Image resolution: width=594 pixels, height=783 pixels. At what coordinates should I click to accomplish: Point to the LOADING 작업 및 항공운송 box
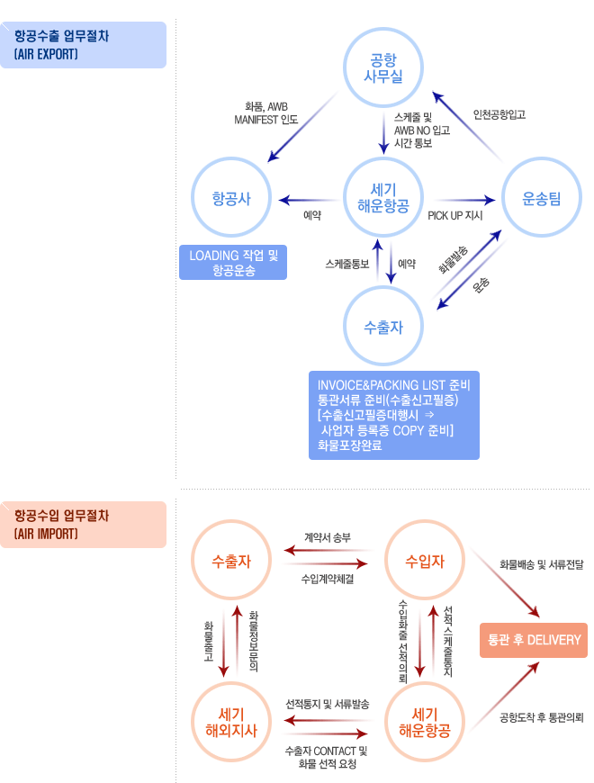(x=233, y=262)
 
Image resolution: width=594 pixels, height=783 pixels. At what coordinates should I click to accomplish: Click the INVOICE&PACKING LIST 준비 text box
(x=393, y=415)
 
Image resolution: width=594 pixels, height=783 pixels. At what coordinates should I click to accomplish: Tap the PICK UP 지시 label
(x=455, y=217)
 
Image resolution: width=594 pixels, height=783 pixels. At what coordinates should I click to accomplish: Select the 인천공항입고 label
(x=499, y=115)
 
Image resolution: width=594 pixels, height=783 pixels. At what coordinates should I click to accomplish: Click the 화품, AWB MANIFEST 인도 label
(x=266, y=112)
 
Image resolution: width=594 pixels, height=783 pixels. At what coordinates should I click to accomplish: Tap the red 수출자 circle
(x=231, y=562)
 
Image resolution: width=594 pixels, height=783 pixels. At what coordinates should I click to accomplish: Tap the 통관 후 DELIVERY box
(x=534, y=640)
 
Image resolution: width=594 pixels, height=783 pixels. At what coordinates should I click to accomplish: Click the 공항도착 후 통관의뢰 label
(x=542, y=717)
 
